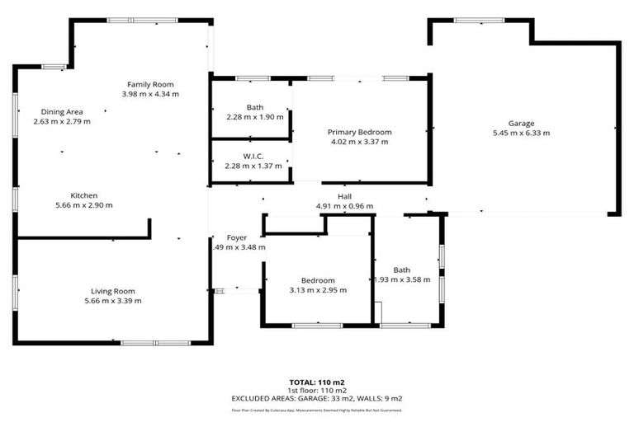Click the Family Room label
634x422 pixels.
point(149,84)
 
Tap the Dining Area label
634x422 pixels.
point(62,111)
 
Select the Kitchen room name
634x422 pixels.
point(84,195)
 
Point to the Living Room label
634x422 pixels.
point(113,291)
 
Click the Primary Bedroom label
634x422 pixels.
point(359,132)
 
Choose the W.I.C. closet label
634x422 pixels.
point(253,156)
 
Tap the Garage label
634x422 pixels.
point(521,123)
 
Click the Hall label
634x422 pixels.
point(344,196)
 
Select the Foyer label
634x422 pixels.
point(237,237)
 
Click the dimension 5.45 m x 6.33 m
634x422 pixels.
point(521,133)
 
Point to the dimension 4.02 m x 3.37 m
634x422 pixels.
point(359,142)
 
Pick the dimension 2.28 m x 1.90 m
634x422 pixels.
point(254,117)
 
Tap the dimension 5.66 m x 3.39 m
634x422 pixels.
point(113,301)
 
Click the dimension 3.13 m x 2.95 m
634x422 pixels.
point(318,290)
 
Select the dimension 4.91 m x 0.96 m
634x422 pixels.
point(344,206)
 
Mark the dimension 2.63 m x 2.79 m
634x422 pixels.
point(62,121)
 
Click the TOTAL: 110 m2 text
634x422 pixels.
point(316,382)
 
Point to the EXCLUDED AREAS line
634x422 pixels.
point(316,398)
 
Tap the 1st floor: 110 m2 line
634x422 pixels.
point(316,390)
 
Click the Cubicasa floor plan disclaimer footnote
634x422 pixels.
point(316,410)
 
